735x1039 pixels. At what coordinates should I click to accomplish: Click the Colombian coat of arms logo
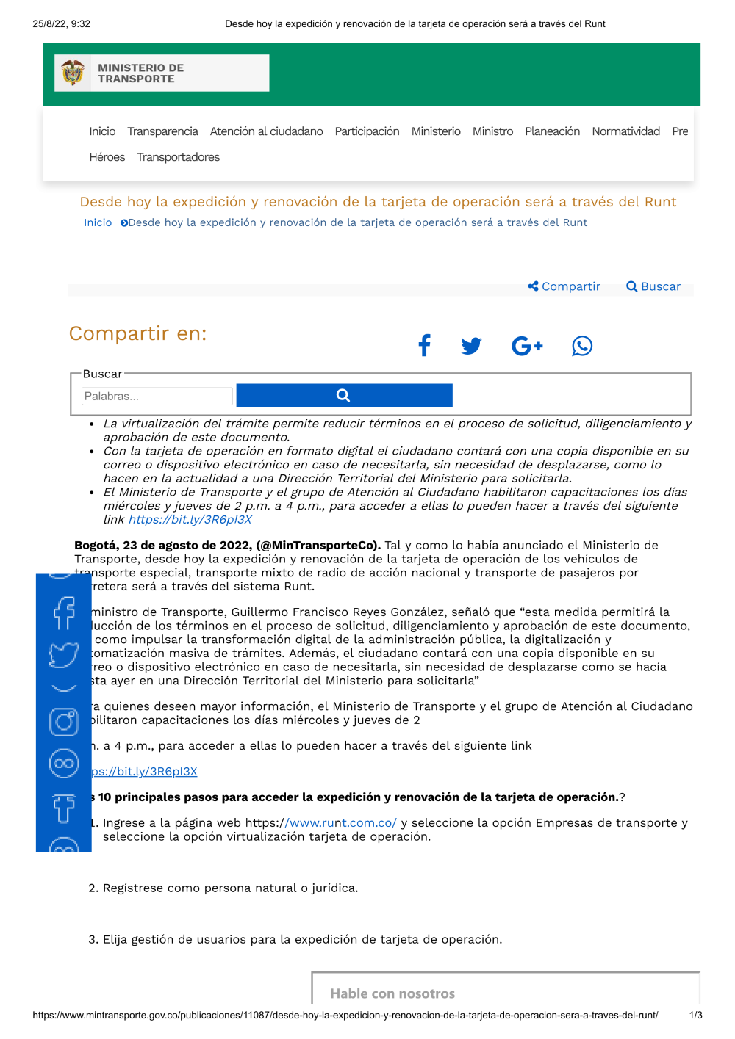tap(73, 73)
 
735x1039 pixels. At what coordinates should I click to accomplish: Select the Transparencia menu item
tap(162, 131)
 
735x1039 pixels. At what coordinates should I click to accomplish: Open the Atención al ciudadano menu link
tap(266, 131)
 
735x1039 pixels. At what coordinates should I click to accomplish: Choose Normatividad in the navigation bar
tap(625, 131)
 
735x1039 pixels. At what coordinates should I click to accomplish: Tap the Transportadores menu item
tap(178, 157)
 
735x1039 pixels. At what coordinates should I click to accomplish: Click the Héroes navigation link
tap(107, 157)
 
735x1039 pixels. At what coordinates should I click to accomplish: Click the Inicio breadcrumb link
tap(98, 222)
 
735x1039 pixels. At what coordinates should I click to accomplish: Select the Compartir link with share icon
tap(564, 286)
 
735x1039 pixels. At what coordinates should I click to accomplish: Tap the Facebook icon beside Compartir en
tap(424, 345)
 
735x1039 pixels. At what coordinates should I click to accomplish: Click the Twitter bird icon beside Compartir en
tap(471, 345)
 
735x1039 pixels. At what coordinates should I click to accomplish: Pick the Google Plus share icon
tap(526, 345)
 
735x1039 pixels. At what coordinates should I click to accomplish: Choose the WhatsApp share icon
tap(582, 346)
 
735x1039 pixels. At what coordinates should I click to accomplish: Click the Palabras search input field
tap(157, 397)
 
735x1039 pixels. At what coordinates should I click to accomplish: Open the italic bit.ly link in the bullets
tap(190, 519)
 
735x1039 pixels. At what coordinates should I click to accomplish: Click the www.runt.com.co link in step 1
tap(341, 823)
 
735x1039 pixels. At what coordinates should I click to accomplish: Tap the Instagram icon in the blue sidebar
tap(64, 722)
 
